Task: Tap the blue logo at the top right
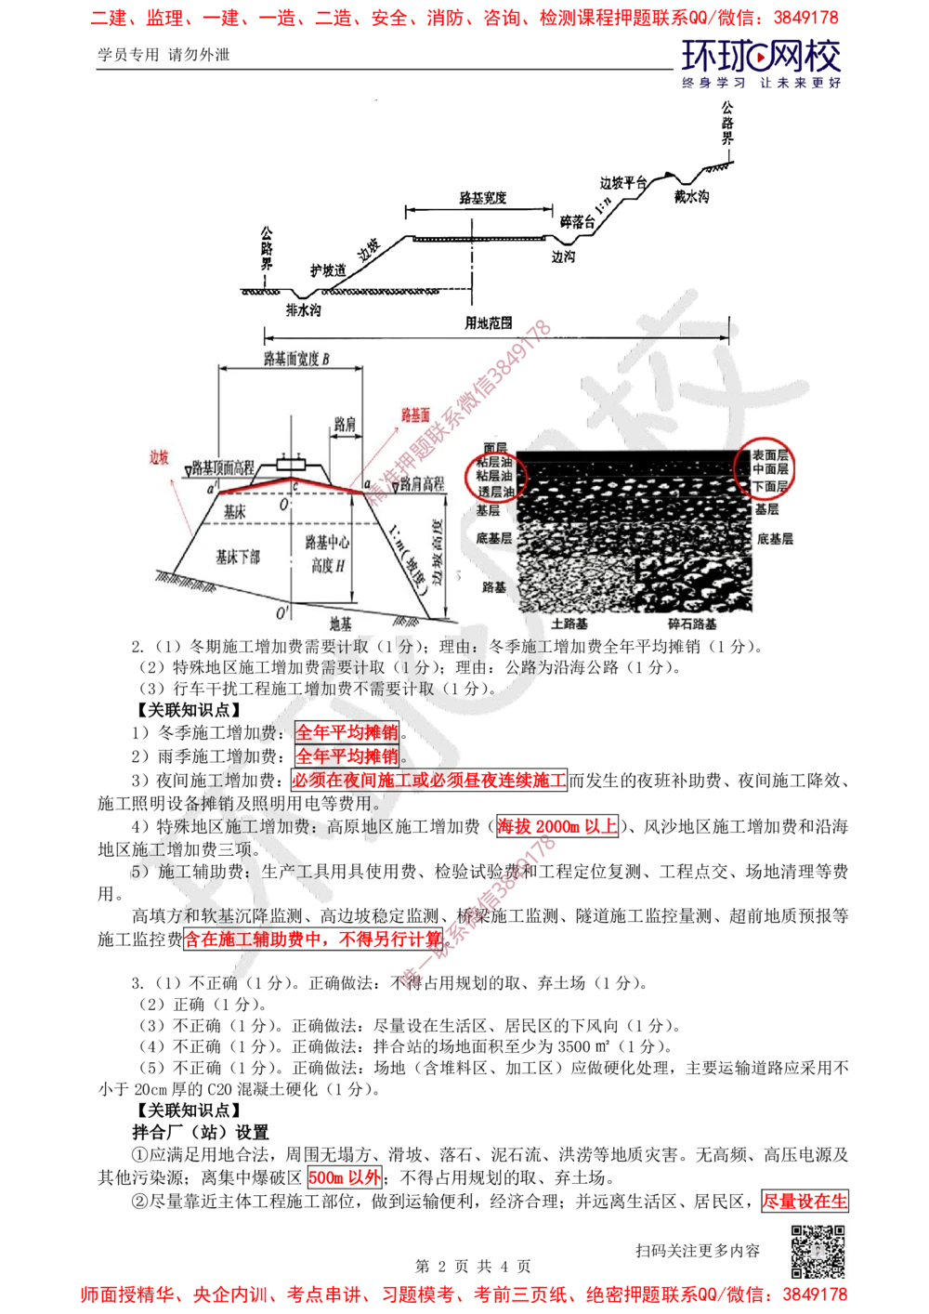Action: click(x=761, y=61)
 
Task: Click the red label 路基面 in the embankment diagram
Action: click(x=414, y=415)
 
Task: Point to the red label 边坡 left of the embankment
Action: click(x=160, y=457)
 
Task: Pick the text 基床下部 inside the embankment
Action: click(x=238, y=557)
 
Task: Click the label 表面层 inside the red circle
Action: click(x=769, y=456)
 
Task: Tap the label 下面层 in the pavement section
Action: click(x=769, y=486)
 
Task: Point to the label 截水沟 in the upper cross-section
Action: click(x=692, y=198)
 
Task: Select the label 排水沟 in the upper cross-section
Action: click(x=302, y=309)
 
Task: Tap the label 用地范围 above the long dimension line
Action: click(x=488, y=322)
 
